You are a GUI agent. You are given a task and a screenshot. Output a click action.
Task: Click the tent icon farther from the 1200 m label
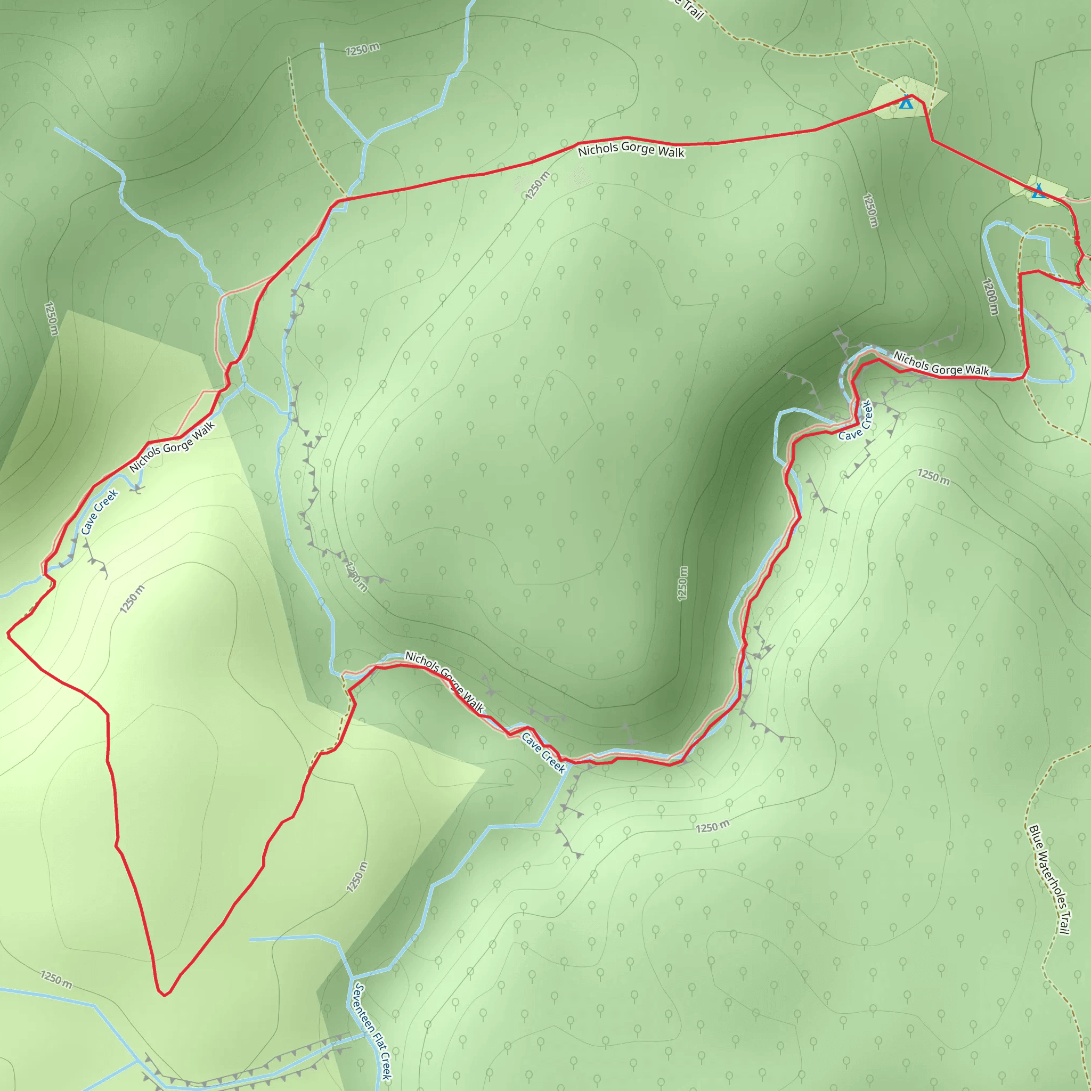[906, 102]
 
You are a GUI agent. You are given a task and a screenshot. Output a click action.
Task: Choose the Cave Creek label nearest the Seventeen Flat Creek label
[543, 752]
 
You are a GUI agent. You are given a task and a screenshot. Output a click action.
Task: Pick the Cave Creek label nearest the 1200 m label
[856, 421]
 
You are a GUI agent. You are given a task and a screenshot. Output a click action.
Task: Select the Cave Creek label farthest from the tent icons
[100, 511]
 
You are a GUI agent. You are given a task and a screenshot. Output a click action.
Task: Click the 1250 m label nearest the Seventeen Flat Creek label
[357, 877]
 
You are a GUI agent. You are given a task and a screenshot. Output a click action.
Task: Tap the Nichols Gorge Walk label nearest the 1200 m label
[941, 364]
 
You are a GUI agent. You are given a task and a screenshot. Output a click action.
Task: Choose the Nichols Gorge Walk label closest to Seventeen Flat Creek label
[444, 681]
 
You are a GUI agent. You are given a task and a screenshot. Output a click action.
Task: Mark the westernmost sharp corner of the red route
[8, 634]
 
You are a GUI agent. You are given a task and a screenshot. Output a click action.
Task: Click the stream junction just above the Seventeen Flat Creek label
[351, 977]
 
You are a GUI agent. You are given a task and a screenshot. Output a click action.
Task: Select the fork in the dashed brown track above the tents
[853, 53]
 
